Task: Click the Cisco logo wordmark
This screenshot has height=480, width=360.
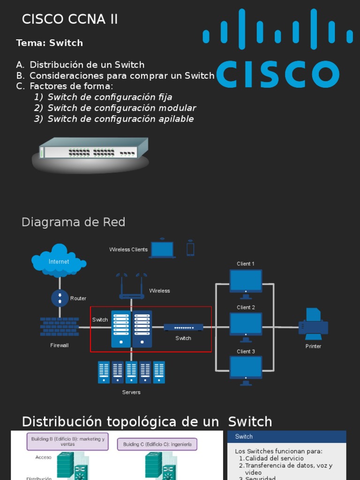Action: point(277,74)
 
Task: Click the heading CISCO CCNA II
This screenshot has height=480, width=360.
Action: point(70,20)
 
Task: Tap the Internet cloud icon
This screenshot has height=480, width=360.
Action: point(59,260)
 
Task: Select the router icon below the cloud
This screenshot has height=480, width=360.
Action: point(60,298)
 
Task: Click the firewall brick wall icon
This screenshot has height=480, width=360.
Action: point(59,327)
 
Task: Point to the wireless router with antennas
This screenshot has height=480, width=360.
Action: point(132,287)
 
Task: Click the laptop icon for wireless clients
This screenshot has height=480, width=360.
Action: point(162,249)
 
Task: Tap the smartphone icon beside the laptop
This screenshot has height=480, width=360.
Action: point(190,248)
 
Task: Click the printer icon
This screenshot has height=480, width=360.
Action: point(313,324)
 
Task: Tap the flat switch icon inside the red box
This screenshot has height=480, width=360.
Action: point(183,327)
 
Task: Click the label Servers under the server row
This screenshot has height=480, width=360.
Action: point(131,392)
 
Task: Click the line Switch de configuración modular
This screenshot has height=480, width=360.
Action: point(121,108)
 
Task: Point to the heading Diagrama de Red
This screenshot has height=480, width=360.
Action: point(73,222)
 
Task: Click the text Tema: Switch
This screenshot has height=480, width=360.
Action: point(49,43)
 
